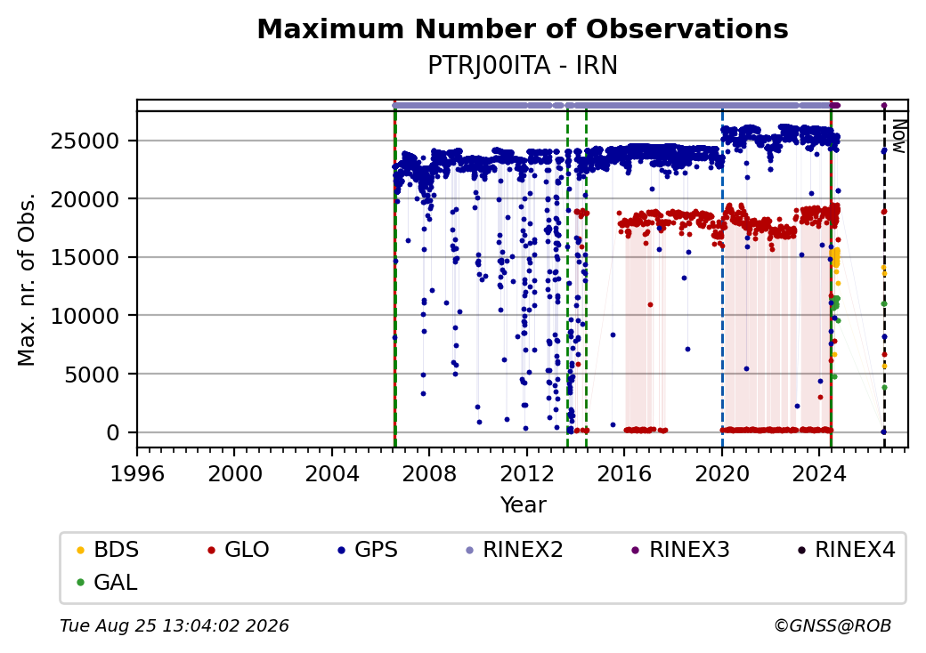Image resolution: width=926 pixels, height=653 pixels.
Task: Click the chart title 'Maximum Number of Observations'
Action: (523, 28)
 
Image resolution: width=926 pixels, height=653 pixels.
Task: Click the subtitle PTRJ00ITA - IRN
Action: (523, 66)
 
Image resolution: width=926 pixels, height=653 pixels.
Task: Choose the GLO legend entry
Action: (239, 550)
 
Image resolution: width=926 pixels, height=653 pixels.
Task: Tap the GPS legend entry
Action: (368, 550)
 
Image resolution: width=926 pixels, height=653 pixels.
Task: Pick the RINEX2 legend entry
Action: (515, 550)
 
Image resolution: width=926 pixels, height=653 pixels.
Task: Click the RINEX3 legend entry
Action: (681, 550)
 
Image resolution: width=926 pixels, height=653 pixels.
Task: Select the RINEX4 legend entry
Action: (847, 550)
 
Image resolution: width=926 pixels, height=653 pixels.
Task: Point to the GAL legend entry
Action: (108, 582)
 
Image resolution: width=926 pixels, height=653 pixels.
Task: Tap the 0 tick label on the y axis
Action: (113, 432)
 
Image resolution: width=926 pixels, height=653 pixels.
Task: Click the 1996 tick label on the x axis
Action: (137, 473)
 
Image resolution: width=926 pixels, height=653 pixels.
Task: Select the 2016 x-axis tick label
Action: (624, 473)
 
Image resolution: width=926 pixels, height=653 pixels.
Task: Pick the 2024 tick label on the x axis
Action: (819, 473)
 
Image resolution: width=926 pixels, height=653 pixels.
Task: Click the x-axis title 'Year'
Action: (524, 505)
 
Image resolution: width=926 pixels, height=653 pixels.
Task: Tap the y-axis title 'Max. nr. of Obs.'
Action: (27, 279)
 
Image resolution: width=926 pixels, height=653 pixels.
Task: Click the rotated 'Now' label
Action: (899, 137)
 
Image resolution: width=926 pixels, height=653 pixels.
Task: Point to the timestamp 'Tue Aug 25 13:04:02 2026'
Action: (175, 625)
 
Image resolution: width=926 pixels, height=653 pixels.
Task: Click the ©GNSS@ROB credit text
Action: (833, 625)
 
